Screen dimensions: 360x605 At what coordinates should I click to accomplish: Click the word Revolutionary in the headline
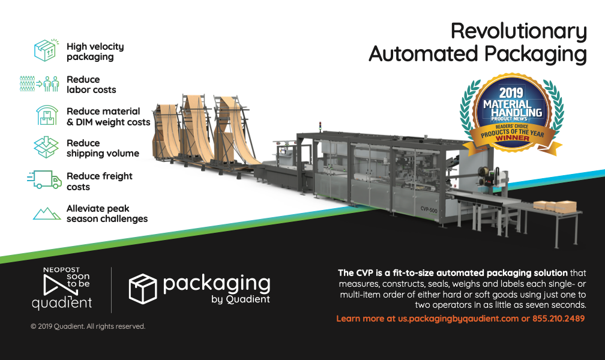coord(519,31)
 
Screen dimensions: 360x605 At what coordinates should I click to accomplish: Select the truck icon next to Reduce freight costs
coord(45,180)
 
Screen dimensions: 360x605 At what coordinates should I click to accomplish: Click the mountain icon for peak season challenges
coord(46,213)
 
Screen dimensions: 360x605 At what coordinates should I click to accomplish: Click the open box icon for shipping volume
coord(46,148)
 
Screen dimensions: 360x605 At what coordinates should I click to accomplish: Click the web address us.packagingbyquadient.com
coord(454,319)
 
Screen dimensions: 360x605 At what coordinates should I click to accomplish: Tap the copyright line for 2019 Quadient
coord(88,326)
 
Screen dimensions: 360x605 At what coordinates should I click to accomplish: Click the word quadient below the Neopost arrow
coord(61,304)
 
